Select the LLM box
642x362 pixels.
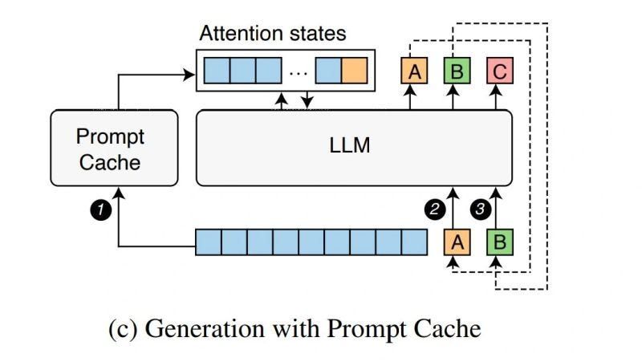354,148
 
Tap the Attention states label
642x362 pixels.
273,34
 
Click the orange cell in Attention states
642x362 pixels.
354,71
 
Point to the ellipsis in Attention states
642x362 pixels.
298,71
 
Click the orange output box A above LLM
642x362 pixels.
415,71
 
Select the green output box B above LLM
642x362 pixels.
457,71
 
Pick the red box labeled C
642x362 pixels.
499,71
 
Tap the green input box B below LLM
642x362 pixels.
499,242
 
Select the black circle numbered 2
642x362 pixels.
435,209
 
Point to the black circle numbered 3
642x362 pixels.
479,209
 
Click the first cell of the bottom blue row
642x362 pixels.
209,242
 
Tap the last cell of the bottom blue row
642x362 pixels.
414,242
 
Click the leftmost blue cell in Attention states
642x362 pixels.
217,71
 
